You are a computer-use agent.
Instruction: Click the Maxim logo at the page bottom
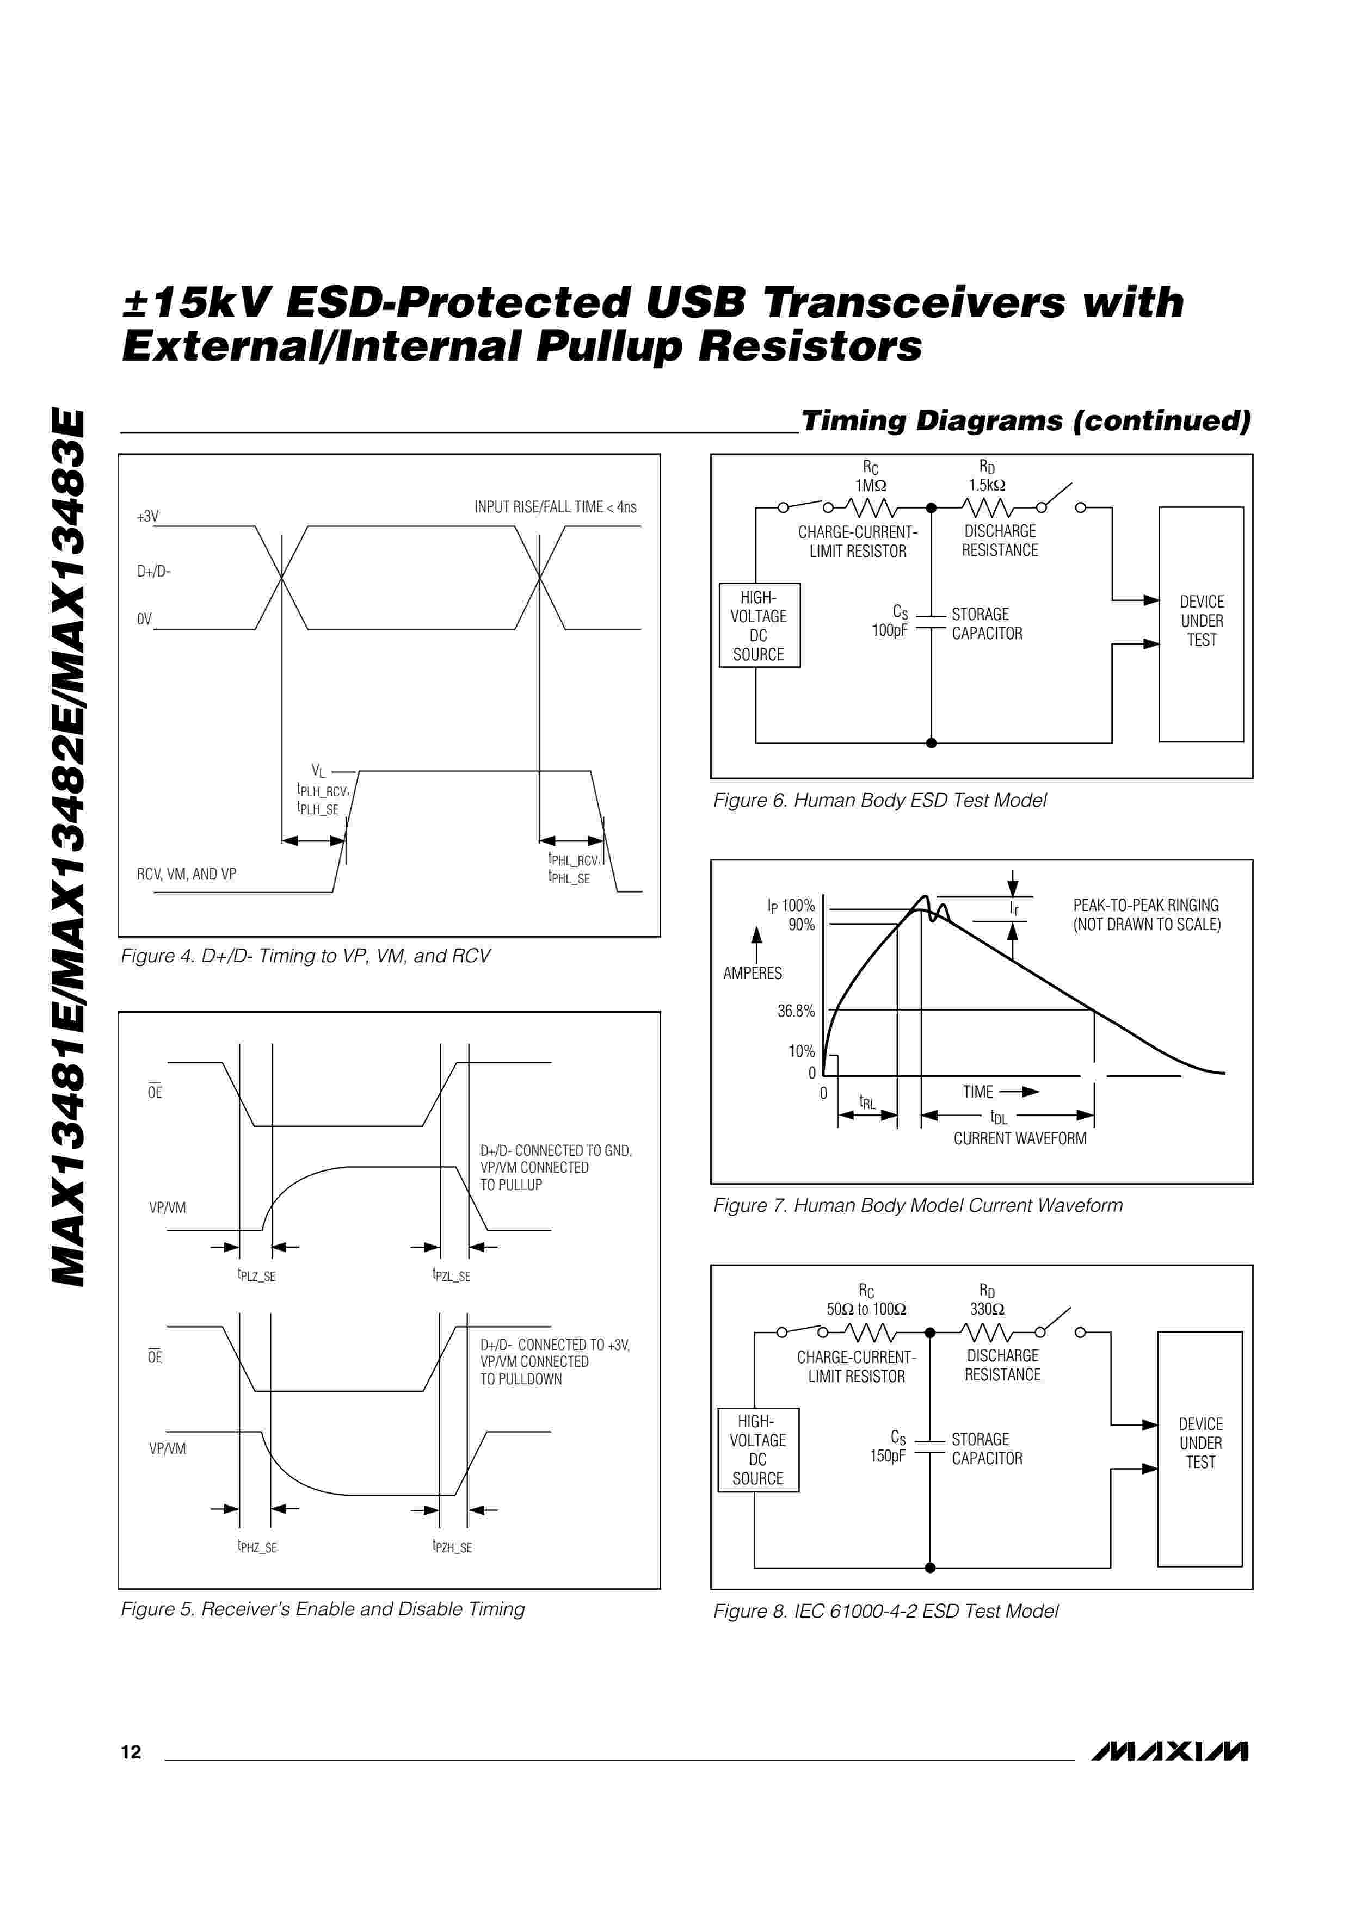[x=1169, y=1751]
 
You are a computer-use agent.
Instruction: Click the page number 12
[x=131, y=1752]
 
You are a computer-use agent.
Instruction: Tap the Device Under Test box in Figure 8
[x=1199, y=1449]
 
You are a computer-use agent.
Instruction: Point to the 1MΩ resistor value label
[x=870, y=485]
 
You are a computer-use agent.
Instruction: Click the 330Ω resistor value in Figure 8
[x=987, y=1309]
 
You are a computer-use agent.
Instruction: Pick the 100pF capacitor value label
[x=889, y=631]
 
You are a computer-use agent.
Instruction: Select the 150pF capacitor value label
[x=888, y=1456]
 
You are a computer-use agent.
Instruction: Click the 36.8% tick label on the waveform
[x=796, y=1011]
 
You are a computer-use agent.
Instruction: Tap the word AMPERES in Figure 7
[x=752, y=973]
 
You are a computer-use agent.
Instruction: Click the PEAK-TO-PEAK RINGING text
[x=1145, y=905]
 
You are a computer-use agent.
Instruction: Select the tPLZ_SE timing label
[x=257, y=1275]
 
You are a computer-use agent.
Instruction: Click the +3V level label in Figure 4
[x=147, y=517]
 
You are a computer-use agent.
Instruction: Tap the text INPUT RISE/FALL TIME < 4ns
[x=555, y=507]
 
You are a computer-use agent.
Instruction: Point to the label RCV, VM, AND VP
[x=186, y=874]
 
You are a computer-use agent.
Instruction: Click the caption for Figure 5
[x=323, y=1609]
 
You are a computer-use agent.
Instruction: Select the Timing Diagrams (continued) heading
[x=1025, y=420]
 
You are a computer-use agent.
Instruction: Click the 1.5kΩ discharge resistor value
[x=987, y=485]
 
